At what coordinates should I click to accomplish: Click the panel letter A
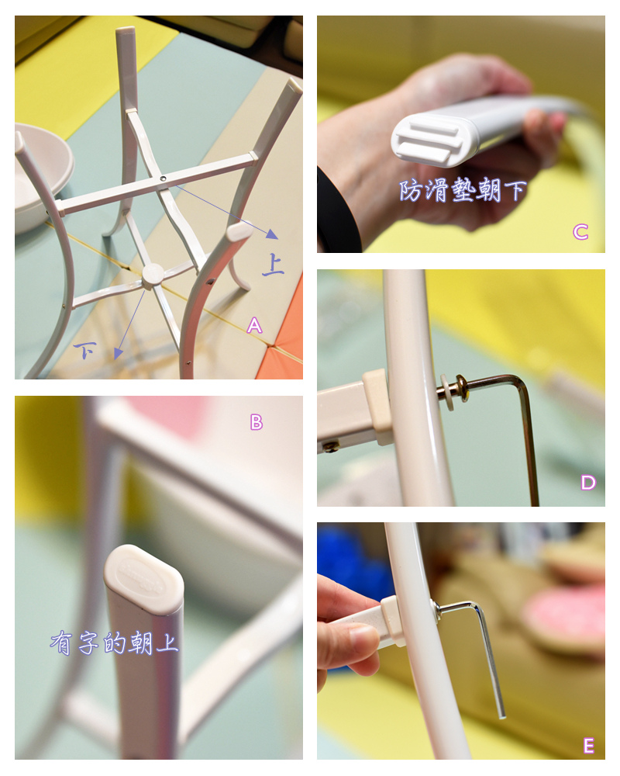(x=254, y=325)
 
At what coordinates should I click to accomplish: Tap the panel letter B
(x=257, y=422)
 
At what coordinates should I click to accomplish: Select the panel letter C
(x=580, y=231)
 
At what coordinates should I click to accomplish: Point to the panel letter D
(x=588, y=483)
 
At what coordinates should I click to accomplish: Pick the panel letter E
(x=588, y=745)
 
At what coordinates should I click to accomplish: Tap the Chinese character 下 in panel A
(x=84, y=350)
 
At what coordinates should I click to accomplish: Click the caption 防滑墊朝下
(x=463, y=191)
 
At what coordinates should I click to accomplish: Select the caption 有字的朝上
(x=114, y=643)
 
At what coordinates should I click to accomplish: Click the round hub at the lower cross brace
(x=152, y=275)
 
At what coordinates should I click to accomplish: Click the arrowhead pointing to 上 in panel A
(x=271, y=234)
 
